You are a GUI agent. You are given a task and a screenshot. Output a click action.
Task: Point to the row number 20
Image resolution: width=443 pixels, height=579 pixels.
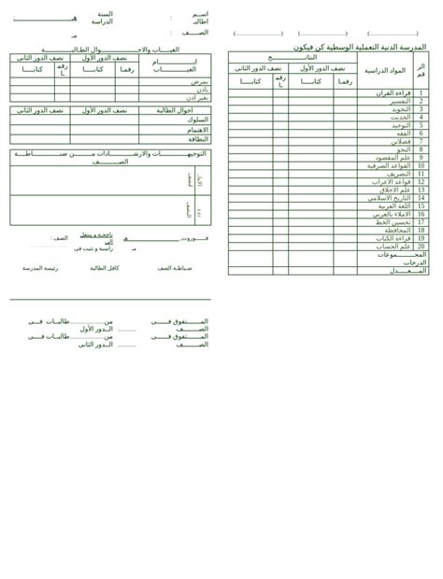click(421, 247)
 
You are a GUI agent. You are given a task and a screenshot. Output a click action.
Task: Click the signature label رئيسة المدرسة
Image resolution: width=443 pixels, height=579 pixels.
click(40, 268)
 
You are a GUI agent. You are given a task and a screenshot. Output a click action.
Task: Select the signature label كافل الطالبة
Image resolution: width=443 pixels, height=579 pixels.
click(105, 268)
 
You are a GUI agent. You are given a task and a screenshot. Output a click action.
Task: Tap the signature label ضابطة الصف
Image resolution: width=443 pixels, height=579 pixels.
click(175, 268)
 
